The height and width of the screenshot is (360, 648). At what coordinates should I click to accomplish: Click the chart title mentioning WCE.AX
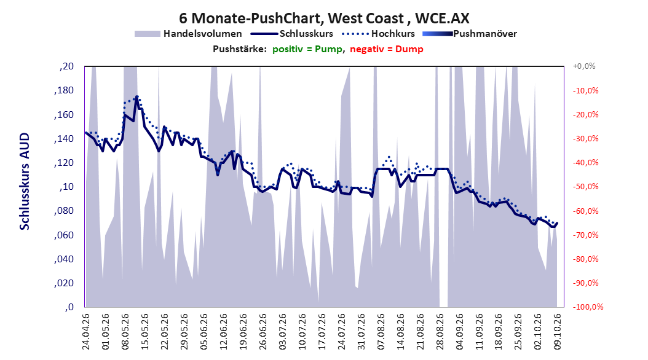tap(324, 18)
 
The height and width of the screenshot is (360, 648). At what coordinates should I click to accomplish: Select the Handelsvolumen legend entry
tap(188, 34)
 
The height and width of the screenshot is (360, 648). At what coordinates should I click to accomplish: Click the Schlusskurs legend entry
tap(292, 34)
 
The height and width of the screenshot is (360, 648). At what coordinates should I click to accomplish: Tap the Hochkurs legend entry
tap(378, 34)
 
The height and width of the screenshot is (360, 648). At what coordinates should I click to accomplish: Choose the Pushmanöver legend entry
tap(470, 34)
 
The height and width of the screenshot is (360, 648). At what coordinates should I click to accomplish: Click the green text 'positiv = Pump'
tap(307, 49)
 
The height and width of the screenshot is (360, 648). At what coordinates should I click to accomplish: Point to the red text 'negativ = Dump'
tap(387, 49)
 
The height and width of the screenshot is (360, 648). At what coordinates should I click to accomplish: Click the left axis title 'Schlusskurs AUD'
tap(25, 181)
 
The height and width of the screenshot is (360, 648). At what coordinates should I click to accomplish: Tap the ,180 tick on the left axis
tap(64, 90)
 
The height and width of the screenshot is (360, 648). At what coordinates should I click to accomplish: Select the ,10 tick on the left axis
tap(66, 187)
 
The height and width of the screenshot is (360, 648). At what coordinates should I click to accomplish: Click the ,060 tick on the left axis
tap(64, 235)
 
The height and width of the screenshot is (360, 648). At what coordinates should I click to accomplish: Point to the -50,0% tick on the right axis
tap(585, 187)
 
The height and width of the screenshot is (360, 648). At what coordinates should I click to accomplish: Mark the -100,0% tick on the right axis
tap(588, 307)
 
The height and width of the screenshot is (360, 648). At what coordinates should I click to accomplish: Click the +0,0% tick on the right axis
tap(584, 66)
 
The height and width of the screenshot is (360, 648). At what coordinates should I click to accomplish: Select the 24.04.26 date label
tap(86, 332)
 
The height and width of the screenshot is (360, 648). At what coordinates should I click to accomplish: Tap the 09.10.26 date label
tap(558, 332)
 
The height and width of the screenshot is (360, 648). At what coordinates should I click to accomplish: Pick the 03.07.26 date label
tap(283, 332)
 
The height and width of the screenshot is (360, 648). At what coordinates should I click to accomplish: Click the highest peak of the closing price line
tap(136, 97)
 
